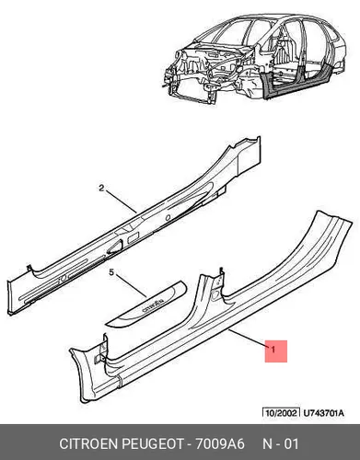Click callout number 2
[102, 188]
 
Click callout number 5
[111, 271]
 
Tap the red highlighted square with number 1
[276, 351]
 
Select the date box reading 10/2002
[281, 413]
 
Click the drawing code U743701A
[323, 413]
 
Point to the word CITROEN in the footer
[89, 443]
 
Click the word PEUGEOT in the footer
[154, 443]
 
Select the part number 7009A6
[220, 443]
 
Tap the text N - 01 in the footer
[281, 443]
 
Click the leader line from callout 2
[122, 201]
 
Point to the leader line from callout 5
[132, 286]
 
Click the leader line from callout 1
[249, 339]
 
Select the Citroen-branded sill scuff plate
[145, 304]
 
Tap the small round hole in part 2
[168, 218]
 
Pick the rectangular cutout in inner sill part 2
[133, 236]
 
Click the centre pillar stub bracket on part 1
[219, 280]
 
